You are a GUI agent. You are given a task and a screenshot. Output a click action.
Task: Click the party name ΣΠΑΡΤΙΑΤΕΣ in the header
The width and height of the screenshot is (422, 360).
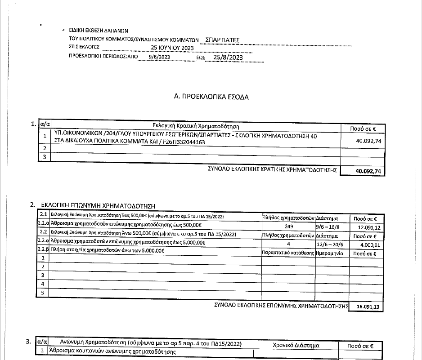[222, 40]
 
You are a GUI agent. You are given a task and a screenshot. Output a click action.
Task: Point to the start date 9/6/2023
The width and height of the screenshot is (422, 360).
[159, 58]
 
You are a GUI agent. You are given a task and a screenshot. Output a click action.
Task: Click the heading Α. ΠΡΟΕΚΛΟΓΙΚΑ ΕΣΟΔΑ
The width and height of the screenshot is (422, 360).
[211, 97]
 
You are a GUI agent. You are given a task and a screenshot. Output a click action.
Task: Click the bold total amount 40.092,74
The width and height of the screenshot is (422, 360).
[368, 171]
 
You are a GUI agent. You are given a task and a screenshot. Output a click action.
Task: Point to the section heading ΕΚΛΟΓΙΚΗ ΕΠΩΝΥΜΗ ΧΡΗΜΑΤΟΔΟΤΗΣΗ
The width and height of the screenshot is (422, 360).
[98, 205]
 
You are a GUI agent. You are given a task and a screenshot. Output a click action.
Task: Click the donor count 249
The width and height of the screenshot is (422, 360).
[289, 227]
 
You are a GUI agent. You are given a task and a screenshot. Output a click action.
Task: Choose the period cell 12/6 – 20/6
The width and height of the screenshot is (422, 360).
[330, 244]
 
